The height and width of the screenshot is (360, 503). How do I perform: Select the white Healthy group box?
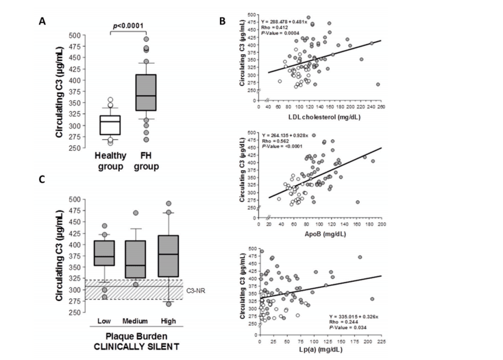pyautogui.click(x=109, y=125)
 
